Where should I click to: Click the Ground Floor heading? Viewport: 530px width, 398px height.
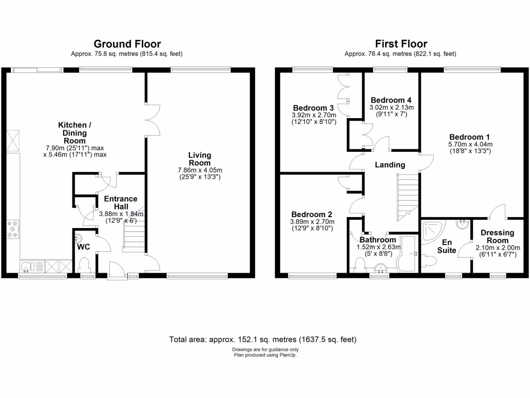[x=127, y=44]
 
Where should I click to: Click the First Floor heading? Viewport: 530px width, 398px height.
[x=401, y=44]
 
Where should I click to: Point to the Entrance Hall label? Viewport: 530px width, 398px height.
[x=121, y=203]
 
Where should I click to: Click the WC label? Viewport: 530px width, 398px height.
[x=84, y=247]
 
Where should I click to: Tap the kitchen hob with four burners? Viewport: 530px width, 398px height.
[x=12, y=229]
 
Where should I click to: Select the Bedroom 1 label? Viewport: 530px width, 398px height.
[x=470, y=137]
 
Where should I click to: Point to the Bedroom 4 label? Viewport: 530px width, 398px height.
[x=391, y=100]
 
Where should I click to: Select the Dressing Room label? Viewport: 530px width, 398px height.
[x=497, y=237]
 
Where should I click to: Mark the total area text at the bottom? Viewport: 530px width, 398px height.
[x=263, y=340]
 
